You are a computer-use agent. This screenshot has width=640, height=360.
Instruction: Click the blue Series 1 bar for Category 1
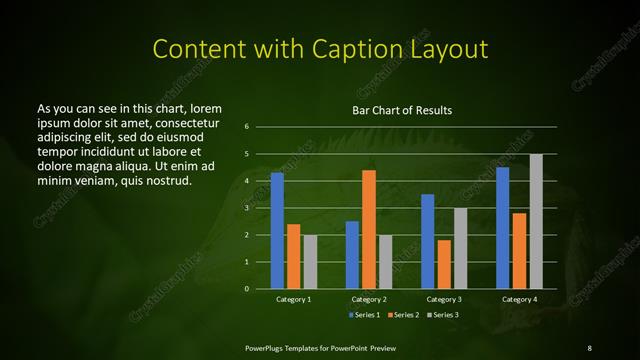(277, 231)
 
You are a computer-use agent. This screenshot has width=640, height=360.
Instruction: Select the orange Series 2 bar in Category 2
(369, 229)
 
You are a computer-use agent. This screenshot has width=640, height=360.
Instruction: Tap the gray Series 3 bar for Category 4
(536, 221)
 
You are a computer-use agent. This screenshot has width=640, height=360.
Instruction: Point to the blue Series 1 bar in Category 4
(503, 228)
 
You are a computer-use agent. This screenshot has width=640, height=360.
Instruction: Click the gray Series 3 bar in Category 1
(310, 262)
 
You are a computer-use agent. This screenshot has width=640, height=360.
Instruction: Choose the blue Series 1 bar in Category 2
(352, 255)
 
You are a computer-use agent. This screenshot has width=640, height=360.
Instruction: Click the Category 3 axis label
(444, 299)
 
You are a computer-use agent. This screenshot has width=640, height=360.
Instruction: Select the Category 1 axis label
(294, 299)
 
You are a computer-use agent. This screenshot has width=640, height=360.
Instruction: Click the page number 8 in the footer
(589, 347)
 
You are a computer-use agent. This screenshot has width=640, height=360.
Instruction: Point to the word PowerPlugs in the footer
(268, 347)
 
